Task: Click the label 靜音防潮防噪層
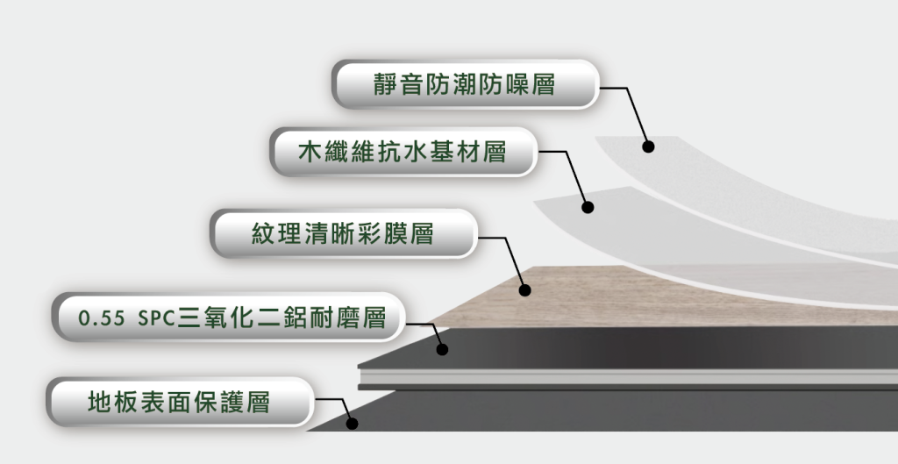click(x=465, y=84)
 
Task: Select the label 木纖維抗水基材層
click(x=403, y=153)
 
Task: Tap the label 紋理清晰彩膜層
click(x=344, y=233)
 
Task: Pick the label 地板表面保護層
click(x=180, y=402)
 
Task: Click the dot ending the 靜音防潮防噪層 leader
click(x=648, y=146)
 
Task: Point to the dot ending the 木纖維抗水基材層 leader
click(x=588, y=207)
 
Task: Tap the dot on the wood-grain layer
click(x=524, y=290)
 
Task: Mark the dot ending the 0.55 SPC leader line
click(x=442, y=349)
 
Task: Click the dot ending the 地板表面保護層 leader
click(x=353, y=424)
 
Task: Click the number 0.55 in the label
click(x=102, y=318)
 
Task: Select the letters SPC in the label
click(x=156, y=318)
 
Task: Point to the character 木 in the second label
click(x=310, y=153)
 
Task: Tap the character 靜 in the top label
click(x=386, y=84)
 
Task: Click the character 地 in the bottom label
click(x=100, y=402)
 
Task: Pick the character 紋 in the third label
click(x=263, y=233)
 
